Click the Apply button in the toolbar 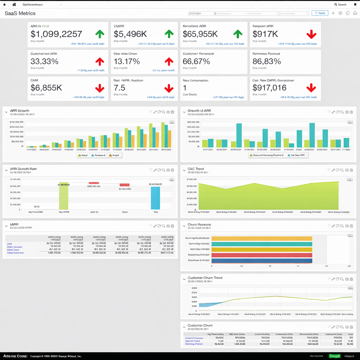pos(320,13)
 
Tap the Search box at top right pos(340,5)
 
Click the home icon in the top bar pos(14,5)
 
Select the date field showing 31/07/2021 pos(202,13)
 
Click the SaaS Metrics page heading pos(20,13)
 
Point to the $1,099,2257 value pos(56,34)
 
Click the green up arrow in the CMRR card pos(169,34)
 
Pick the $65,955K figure pos(200,34)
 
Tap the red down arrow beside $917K pos(311,34)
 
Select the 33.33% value pos(45,61)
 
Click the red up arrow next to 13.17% pos(169,62)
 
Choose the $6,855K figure pos(46,88)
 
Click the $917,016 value pos(269,88)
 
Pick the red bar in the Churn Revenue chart pos(262,255)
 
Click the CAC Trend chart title pos(195,169)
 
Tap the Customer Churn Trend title pos(205,278)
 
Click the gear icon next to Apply pos(340,13)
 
